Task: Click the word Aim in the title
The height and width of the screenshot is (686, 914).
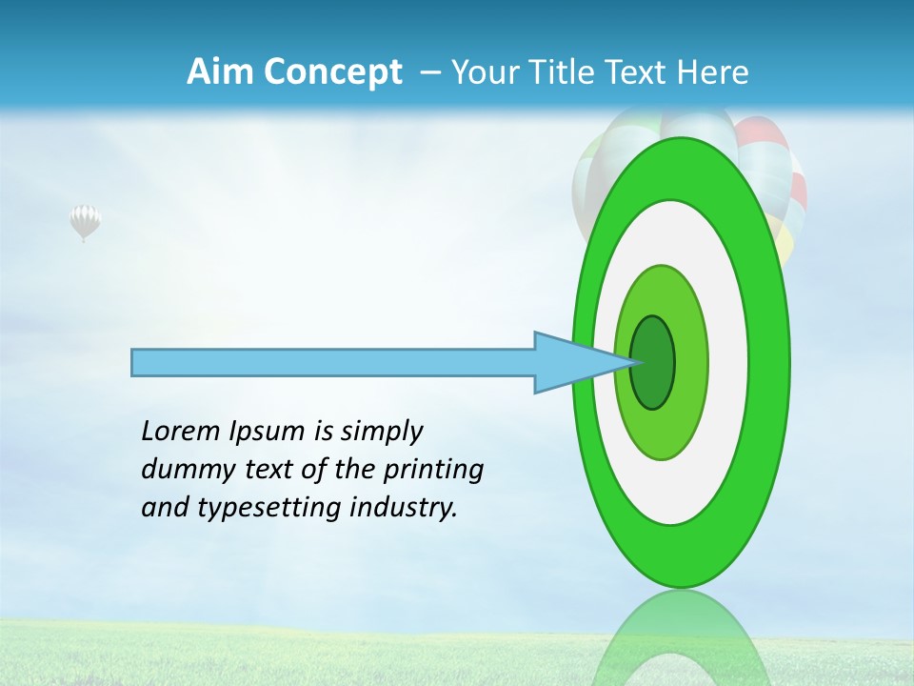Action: point(219,72)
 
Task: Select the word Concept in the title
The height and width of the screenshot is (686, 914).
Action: point(331,72)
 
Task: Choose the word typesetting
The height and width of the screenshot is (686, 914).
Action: point(270,508)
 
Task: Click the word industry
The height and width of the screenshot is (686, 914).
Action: point(404,508)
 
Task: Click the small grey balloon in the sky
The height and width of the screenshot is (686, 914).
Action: point(85,221)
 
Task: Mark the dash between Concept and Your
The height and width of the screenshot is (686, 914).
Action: point(429,72)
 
